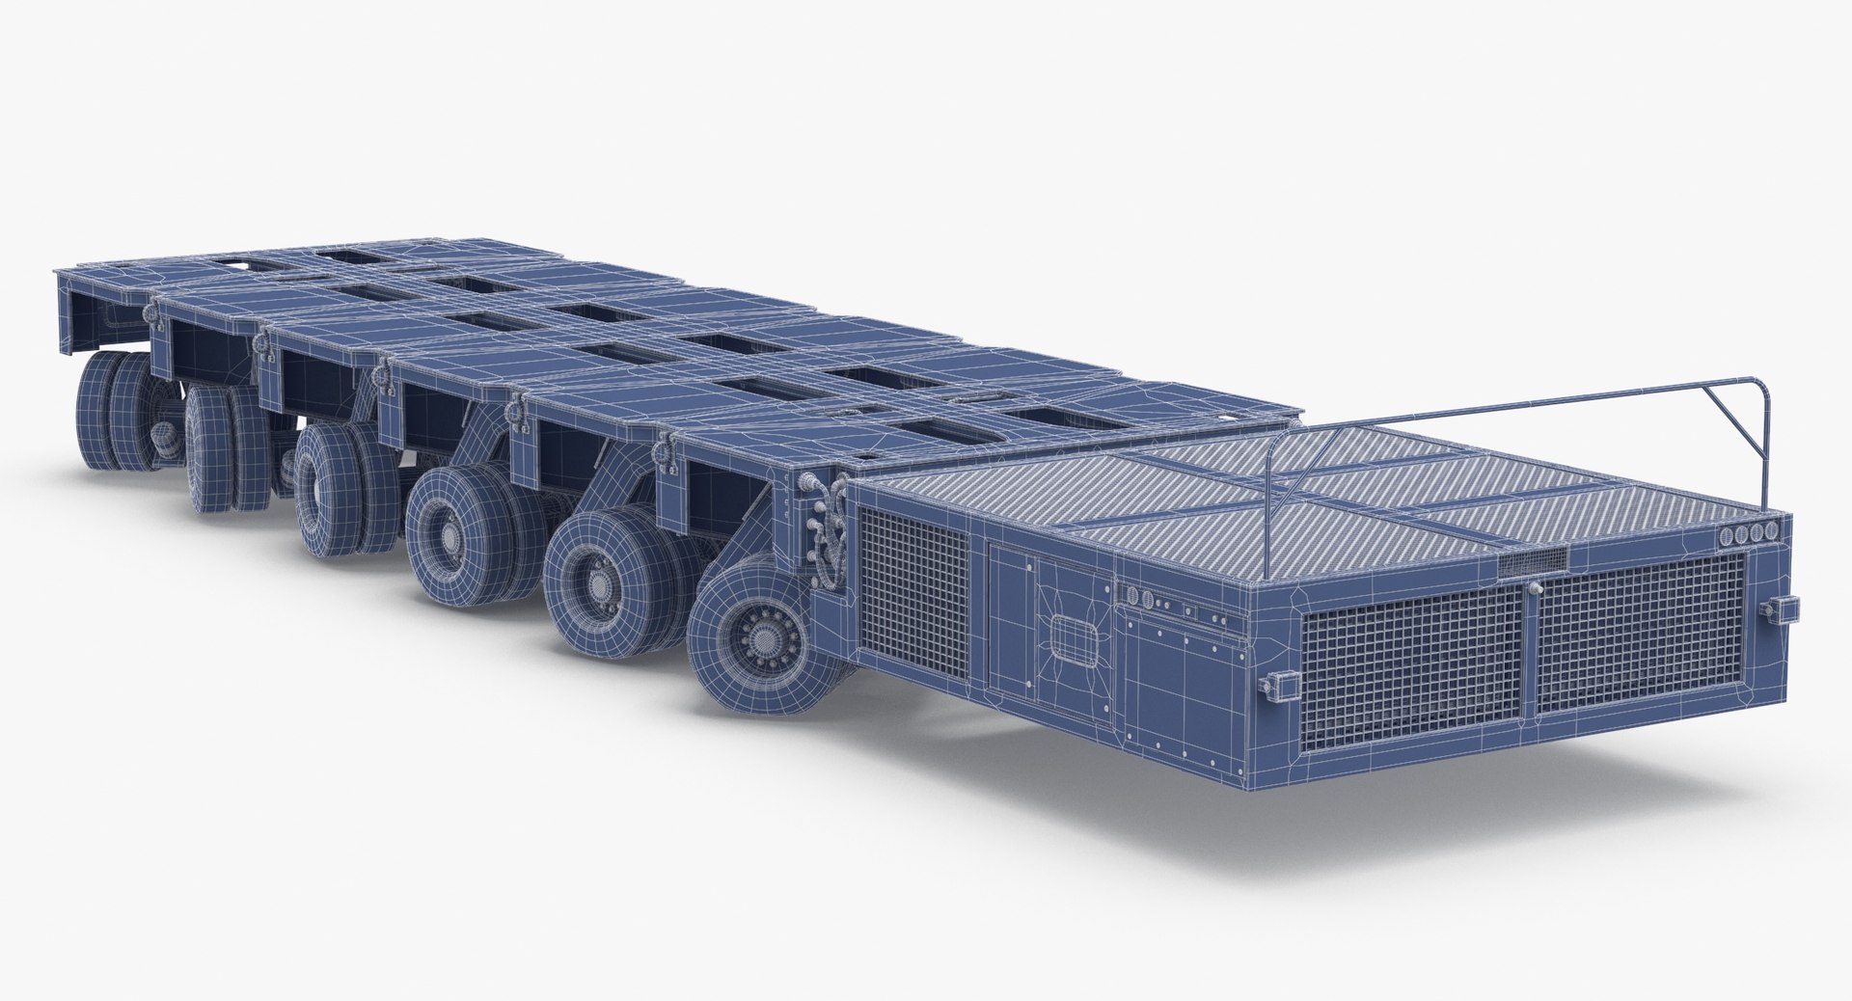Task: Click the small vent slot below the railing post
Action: point(1533,561)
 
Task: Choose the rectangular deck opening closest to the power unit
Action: point(1051,416)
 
